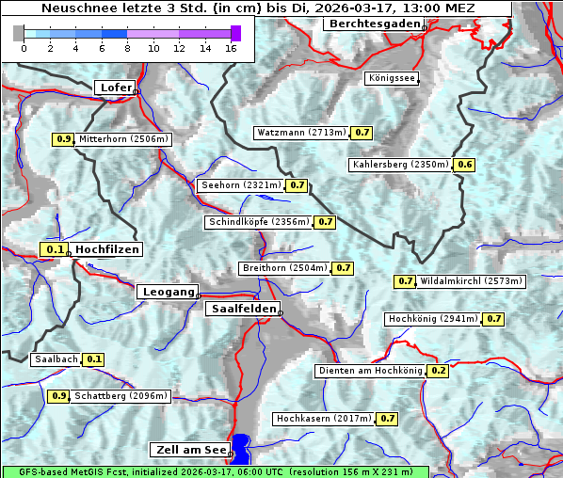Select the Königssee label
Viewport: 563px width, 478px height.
tap(392, 78)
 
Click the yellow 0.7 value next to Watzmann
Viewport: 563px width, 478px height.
tap(362, 133)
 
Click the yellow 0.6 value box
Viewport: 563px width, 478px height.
tap(465, 165)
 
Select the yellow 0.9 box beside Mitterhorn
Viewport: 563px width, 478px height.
tap(63, 139)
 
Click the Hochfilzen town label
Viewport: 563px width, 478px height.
tap(106, 249)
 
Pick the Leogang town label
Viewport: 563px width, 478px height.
tap(169, 292)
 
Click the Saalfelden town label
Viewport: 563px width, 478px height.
tap(243, 309)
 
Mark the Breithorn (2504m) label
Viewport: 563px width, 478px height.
tap(284, 268)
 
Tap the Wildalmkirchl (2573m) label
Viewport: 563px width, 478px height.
tap(471, 281)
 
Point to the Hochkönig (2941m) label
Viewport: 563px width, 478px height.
tap(434, 319)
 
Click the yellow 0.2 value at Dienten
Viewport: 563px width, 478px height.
tap(438, 371)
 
